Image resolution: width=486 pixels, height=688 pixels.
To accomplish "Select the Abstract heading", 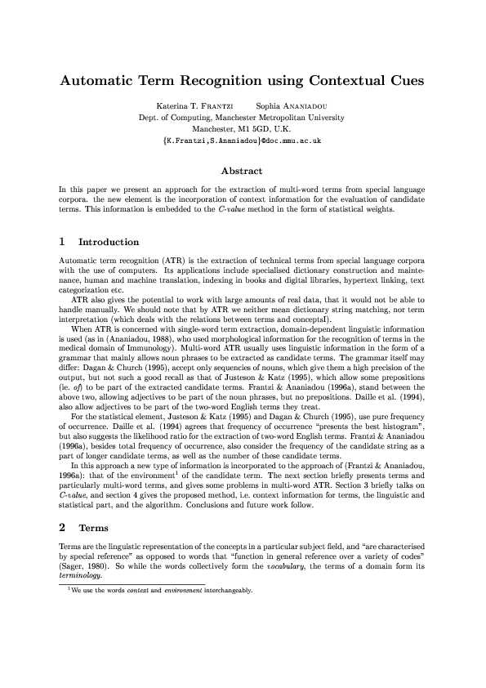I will coord(242,172).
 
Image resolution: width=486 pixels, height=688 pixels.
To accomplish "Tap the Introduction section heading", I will coord(108,242).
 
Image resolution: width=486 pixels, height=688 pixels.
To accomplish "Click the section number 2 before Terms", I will coord(62,483).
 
